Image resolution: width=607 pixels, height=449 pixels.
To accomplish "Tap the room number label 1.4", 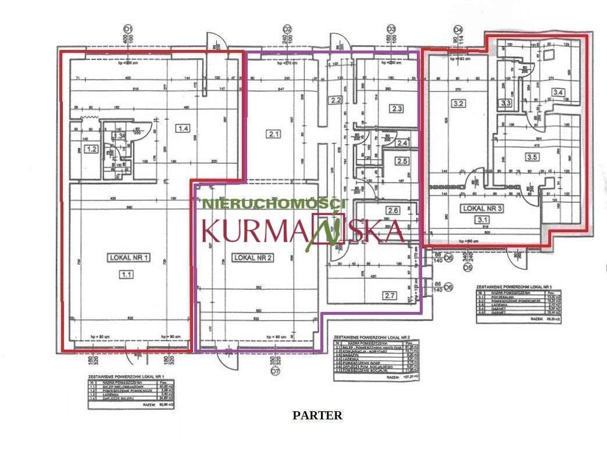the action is pos(184,128).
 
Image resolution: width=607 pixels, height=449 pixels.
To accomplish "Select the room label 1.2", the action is pos(91,149).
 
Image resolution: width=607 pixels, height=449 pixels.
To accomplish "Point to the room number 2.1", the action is pos(274,134).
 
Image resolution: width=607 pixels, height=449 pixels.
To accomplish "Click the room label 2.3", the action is pos(398,108).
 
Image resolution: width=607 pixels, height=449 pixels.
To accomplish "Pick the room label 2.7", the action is pos(389,296).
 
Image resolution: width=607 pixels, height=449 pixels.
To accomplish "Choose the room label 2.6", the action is pos(394,211).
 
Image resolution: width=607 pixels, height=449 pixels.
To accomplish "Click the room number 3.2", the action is pos(458,105).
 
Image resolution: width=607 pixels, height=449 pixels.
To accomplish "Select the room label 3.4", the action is pos(559,92).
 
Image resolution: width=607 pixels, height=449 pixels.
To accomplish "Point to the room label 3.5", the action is pos(531,156).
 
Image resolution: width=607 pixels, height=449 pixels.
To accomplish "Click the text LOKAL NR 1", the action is pos(128,257).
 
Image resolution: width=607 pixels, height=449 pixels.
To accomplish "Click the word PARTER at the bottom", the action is pos(317,415).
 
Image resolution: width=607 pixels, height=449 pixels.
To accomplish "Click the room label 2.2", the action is pos(335,100).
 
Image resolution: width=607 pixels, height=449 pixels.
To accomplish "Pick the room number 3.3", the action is pos(506,103).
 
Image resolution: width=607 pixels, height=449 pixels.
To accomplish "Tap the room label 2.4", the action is pos(402,142).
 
